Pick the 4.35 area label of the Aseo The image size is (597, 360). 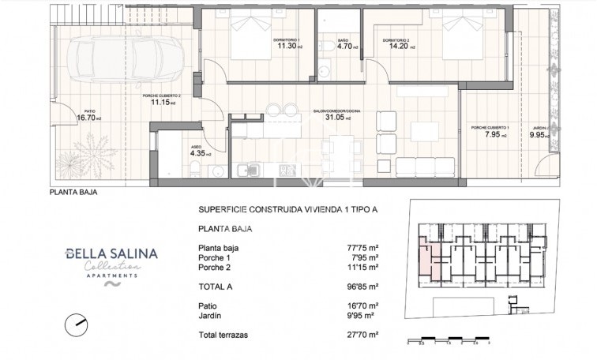point(197,153)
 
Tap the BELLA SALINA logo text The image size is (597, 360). point(111,253)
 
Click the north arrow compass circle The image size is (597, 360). point(77,322)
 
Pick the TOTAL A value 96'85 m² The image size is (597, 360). point(363,286)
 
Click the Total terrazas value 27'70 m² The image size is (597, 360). point(363,335)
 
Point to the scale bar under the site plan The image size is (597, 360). point(449,340)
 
